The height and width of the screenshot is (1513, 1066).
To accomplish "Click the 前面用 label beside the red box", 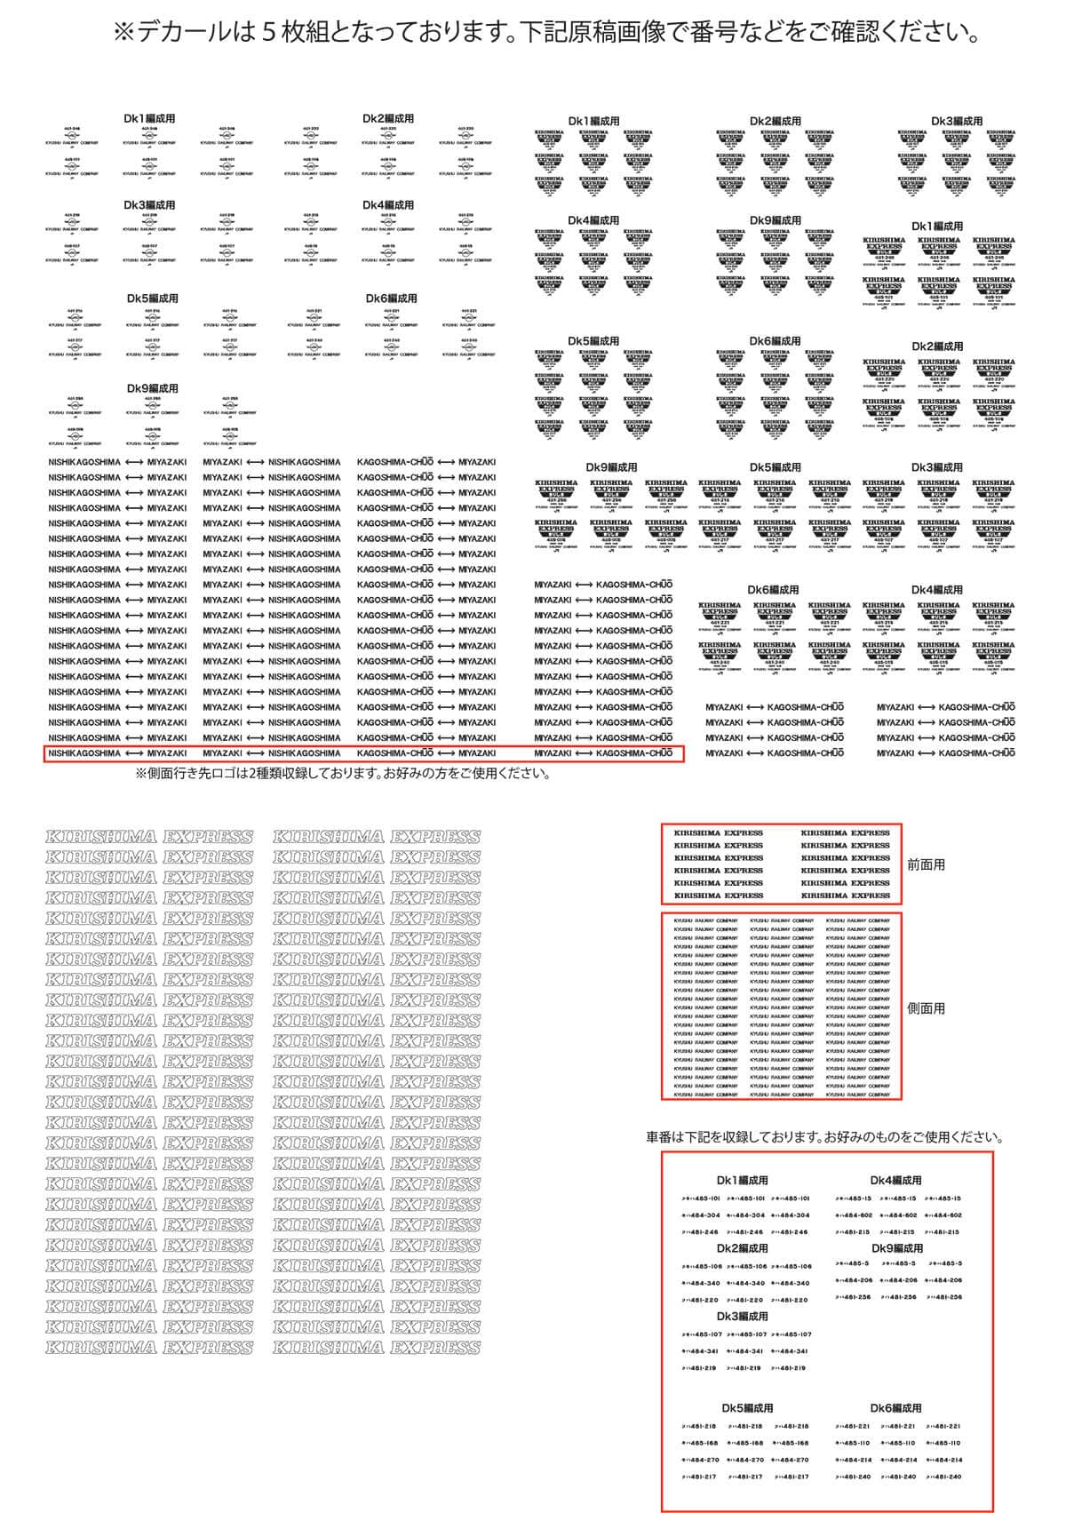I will pyautogui.click(x=926, y=864).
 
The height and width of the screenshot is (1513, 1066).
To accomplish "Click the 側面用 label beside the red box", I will pyautogui.click(x=926, y=1008).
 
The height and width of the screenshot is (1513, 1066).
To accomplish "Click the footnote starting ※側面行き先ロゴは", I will pyautogui.click(x=342, y=773).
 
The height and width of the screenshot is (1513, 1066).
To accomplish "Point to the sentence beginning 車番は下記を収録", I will pyautogui.click(x=825, y=1137).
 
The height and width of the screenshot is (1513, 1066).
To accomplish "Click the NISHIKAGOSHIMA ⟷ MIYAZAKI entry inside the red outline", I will pyautogui.click(x=117, y=753).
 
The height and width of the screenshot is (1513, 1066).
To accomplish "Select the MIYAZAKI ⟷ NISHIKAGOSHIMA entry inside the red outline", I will pyautogui.click(x=271, y=753).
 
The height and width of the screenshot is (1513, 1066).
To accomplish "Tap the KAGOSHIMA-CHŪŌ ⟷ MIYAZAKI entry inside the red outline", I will pyautogui.click(x=426, y=753).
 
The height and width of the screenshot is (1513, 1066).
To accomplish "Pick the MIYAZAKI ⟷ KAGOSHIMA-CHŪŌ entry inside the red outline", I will pyautogui.click(x=603, y=753).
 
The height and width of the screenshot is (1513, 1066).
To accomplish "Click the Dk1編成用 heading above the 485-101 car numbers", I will pyautogui.click(x=742, y=1181).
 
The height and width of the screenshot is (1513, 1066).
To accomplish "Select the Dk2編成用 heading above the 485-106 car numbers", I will pyautogui.click(x=742, y=1248).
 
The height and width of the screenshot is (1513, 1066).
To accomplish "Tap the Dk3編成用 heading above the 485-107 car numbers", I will pyautogui.click(x=742, y=1317).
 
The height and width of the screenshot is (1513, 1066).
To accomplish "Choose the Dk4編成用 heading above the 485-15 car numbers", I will pyautogui.click(x=895, y=1181).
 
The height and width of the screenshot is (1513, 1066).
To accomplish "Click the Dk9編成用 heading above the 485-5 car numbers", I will pyautogui.click(x=897, y=1248).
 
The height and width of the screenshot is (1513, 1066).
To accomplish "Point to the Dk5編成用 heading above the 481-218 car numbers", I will pyautogui.click(x=747, y=1408).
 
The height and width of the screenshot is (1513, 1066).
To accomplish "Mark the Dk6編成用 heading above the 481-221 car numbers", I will pyautogui.click(x=895, y=1408).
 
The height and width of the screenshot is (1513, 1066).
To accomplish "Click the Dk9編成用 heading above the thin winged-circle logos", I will pyautogui.click(x=152, y=388).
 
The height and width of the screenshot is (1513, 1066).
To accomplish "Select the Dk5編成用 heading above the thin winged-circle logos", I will pyautogui.click(x=152, y=299).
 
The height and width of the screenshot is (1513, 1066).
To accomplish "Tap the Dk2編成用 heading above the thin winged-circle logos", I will pyautogui.click(x=388, y=118).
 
